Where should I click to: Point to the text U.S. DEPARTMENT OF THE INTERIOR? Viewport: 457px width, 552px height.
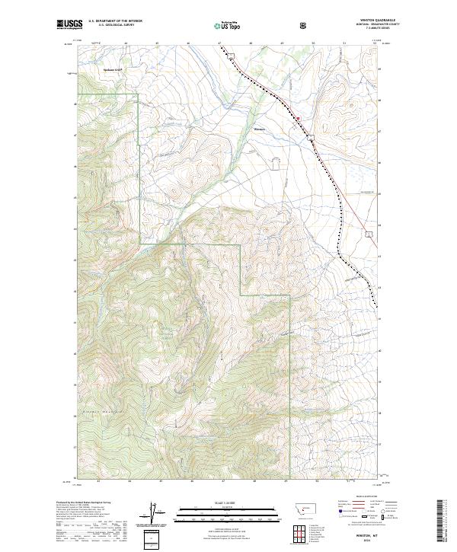[x=115, y=22]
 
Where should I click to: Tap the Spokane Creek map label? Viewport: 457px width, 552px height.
[x=113, y=69]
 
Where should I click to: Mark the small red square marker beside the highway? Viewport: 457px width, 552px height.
[x=298, y=119]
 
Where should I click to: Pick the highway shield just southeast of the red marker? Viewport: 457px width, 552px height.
[x=311, y=136]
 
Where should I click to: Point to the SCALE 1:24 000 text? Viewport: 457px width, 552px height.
[x=217, y=503]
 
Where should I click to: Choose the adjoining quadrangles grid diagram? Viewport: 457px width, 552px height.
[x=299, y=532]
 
